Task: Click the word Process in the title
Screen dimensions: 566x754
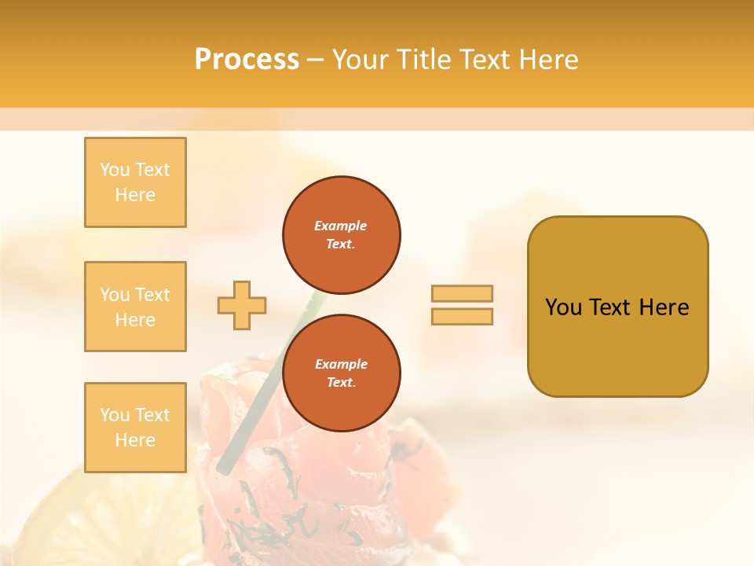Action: coord(247,60)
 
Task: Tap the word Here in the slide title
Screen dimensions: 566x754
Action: coord(547,60)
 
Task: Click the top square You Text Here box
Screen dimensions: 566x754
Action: coord(135,182)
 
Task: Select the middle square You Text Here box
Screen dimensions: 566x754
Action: coord(135,307)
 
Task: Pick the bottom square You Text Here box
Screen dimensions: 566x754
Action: coord(135,428)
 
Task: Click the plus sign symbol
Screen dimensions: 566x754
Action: coord(242,305)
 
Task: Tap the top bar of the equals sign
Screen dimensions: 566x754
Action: coord(462,293)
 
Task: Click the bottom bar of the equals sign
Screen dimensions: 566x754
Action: coord(462,316)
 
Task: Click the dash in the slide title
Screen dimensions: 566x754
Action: coord(316,60)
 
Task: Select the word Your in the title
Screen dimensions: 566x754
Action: coord(360,60)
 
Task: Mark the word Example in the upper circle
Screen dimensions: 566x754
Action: coord(341,226)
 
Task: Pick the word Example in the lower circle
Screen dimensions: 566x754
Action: coord(341,364)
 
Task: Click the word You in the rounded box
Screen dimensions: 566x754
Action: coord(563,307)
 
